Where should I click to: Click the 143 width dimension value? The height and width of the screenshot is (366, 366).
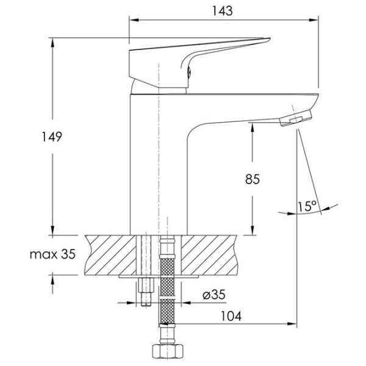click(222, 11)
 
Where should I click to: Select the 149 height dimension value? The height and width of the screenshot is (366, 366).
click(52, 137)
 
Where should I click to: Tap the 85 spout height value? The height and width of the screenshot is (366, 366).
click(253, 179)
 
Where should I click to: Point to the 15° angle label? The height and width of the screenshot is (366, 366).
click(307, 206)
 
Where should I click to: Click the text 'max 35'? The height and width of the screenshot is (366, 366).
click(52, 254)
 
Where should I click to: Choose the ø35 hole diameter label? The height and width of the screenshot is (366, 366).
click(214, 295)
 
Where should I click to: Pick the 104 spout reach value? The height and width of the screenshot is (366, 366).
click(231, 316)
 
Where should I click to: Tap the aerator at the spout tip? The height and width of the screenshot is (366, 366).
click(296, 118)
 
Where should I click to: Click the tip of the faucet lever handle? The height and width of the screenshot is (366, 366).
click(270, 38)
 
